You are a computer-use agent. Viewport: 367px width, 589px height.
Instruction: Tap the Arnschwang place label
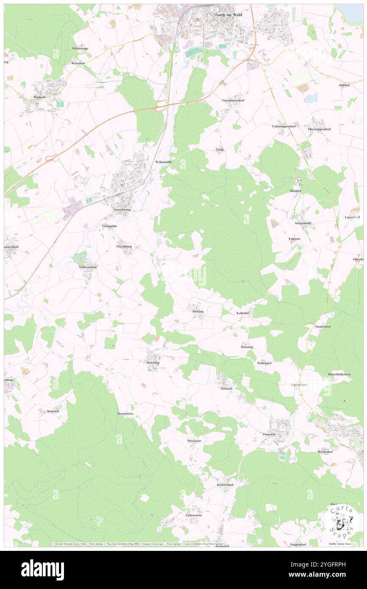point(122,210)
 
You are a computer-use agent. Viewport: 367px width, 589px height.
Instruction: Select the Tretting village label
point(197,311)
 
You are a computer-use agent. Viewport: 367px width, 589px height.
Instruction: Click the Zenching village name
point(153,363)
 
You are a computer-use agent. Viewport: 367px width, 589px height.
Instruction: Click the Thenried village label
point(269,434)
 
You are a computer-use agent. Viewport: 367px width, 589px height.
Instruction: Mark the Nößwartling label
point(88,267)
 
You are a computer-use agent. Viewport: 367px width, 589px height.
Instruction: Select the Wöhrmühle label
point(164,162)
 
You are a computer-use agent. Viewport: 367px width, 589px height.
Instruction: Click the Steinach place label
point(53,411)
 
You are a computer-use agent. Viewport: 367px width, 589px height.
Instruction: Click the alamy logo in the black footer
point(42,569)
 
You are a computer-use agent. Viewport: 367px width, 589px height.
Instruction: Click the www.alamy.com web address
point(325,575)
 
